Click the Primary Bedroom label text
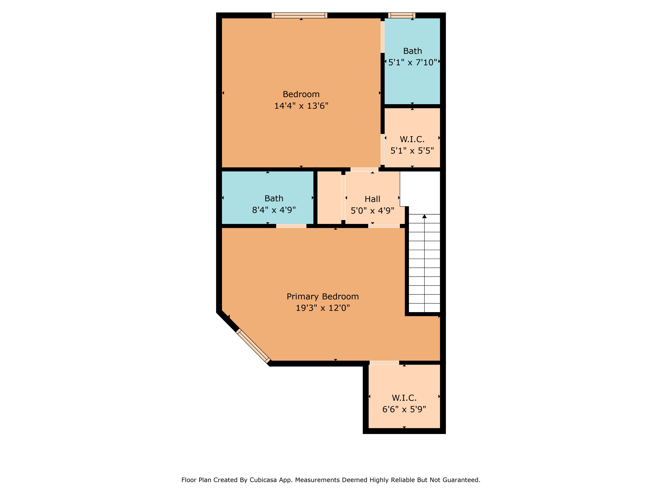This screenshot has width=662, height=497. (x=323, y=297)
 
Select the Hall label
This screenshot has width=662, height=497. (x=372, y=199)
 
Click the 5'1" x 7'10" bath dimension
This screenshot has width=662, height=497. (x=412, y=62)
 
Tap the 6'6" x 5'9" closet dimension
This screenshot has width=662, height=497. (x=404, y=409)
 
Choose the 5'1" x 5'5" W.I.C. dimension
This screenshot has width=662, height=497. (x=412, y=151)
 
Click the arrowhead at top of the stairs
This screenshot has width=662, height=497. (x=424, y=216)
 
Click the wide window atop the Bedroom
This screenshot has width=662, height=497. (x=299, y=15)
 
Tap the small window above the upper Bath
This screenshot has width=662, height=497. (x=402, y=15)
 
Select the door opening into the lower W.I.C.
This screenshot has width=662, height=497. (x=384, y=363)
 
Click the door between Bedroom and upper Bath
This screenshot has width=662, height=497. (x=382, y=37)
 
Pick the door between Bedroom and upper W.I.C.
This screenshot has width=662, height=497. (x=382, y=149)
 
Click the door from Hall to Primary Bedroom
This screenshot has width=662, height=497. (x=384, y=226)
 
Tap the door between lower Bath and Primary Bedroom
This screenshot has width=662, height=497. (x=291, y=226)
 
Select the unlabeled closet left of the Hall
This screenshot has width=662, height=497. (x=329, y=198)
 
